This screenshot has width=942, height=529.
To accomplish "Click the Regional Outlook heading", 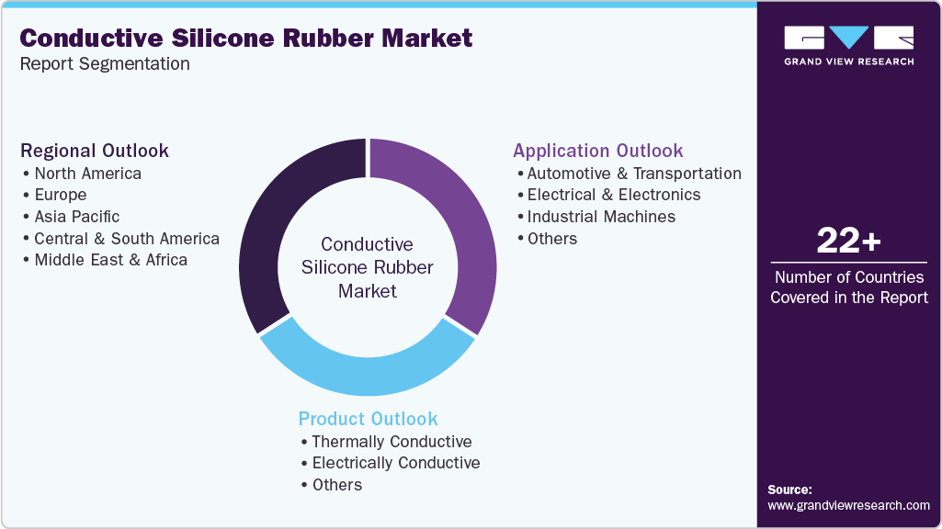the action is (x=95, y=151).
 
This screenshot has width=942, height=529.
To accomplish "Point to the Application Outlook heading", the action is (x=597, y=151).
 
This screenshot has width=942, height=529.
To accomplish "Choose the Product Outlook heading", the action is (x=368, y=419).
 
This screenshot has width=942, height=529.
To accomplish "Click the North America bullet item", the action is (x=87, y=174).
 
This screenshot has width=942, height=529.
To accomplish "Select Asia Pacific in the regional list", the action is (x=77, y=217).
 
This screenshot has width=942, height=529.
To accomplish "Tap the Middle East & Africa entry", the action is (x=110, y=260).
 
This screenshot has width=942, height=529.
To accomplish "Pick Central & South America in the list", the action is (x=127, y=239).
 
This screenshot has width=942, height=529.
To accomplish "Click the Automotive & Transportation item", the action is (x=634, y=174).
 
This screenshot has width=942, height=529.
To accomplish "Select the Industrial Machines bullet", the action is (x=601, y=217).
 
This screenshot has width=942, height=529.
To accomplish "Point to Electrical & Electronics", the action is (x=613, y=195).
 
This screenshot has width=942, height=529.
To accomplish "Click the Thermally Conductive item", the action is (x=392, y=442).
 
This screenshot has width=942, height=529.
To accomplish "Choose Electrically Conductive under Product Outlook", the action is (x=396, y=463).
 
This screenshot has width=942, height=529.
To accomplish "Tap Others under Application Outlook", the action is (x=552, y=239).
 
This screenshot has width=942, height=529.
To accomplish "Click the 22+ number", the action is (x=848, y=241).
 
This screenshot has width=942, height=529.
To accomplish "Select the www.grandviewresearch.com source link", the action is (x=848, y=506).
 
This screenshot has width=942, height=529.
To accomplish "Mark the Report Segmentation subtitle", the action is (x=105, y=63).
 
